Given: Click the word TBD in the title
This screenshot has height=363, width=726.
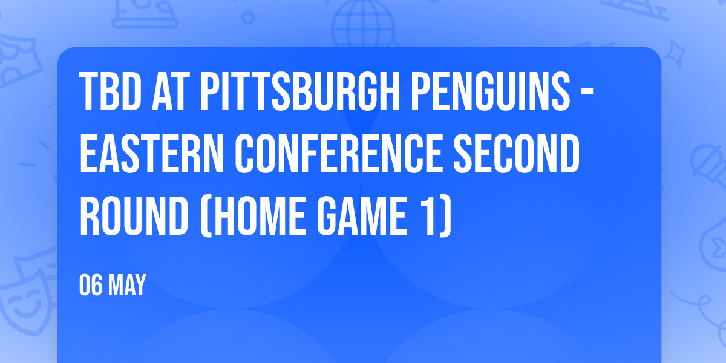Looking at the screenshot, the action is click(x=110, y=91).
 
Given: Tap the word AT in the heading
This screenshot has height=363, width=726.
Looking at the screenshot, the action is click(x=171, y=91).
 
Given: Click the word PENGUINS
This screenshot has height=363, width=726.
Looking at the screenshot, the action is click(x=491, y=91).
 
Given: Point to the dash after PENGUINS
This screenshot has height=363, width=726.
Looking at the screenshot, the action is click(x=587, y=92).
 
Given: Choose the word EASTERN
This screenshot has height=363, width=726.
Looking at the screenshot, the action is click(x=152, y=153).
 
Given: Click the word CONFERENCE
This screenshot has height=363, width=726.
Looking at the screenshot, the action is click(x=339, y=153).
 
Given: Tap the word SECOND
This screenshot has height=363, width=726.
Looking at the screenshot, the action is click(x=516, y=153).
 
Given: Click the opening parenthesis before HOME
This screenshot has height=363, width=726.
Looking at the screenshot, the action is click(x=206, y=216).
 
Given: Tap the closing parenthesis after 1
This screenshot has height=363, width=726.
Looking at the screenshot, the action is click(x=445, y=216).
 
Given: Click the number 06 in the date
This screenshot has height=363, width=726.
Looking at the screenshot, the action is click(x=91, y=285).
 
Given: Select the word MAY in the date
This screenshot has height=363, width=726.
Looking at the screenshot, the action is click(x=126, y=285).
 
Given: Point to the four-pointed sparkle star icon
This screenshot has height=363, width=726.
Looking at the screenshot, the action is click(x=675, y=53).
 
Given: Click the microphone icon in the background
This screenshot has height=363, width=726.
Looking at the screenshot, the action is click(x=708, y=169).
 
